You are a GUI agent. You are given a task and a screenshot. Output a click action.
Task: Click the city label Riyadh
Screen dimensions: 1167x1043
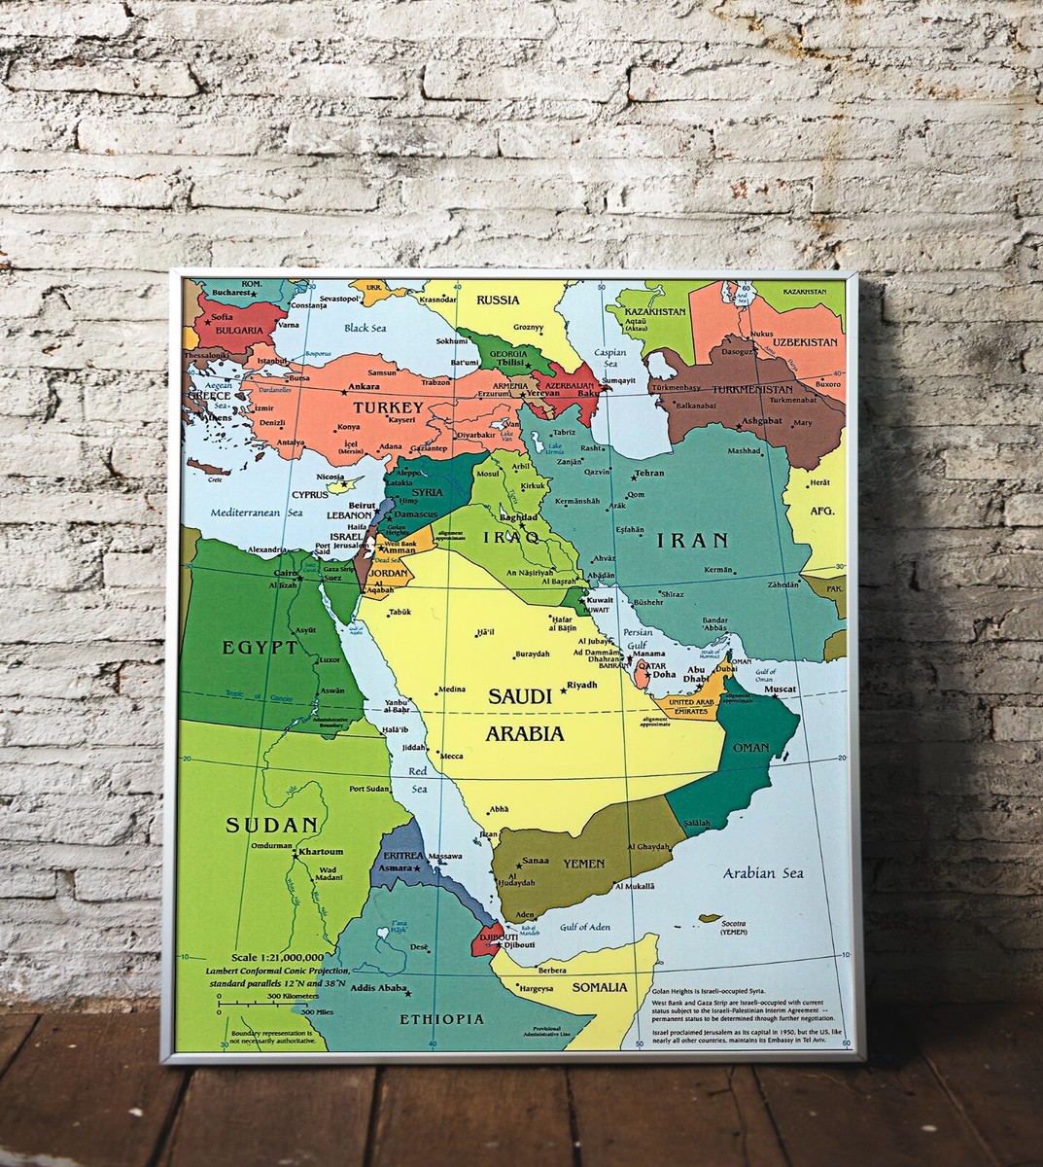click(x=581, y=685)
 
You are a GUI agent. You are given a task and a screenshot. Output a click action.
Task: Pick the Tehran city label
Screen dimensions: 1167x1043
click(x=648, y=474)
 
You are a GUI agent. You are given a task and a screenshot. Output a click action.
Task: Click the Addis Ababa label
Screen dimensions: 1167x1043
click(x=379, y=988)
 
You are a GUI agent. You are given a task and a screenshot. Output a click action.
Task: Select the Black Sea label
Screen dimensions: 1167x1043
click(x=365, y=329)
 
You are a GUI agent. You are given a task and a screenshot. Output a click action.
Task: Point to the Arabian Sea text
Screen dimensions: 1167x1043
click(x=763, y=873)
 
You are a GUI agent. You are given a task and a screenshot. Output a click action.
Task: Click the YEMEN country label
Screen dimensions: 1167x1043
click(x=582, y=863)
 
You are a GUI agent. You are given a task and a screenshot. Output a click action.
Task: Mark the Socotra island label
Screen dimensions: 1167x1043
click(x=734, y=922)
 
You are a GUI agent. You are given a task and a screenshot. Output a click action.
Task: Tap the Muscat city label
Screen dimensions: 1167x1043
click(x=780, y=689)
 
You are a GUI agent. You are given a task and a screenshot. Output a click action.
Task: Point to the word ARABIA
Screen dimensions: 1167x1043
click(x=525, y=733)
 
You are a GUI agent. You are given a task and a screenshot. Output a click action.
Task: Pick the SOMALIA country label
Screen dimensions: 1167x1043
click(x=600, y=987)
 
